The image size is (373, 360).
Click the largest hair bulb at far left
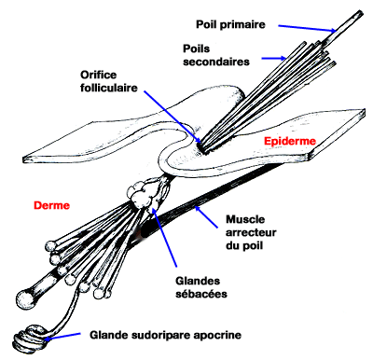[x=29, y=299]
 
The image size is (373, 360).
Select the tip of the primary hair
[x=357, y=12]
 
